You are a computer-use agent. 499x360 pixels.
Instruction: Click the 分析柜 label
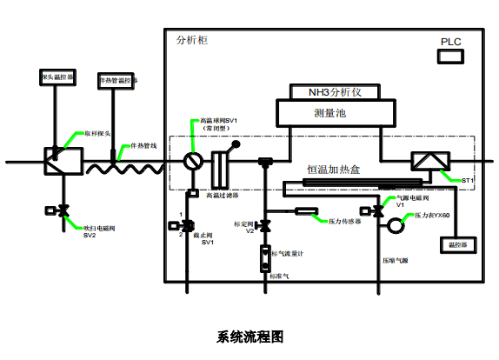[191, 41]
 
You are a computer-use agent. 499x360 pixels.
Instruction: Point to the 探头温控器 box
[57, 78]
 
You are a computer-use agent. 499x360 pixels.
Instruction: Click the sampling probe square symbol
[62, 162]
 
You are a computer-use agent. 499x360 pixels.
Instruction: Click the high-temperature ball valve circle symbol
[193, 162]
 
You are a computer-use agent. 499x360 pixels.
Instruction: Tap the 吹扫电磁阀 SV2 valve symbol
[62, 210]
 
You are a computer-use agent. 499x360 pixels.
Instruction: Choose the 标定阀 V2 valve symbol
[264, 226]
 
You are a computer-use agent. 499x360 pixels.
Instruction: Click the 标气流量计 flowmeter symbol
[264, 259]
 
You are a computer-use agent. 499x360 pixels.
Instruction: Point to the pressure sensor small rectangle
[305, 211]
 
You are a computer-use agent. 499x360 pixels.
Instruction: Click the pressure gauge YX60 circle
[396, 226]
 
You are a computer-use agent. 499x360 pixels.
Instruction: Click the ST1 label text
[468, 180]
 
